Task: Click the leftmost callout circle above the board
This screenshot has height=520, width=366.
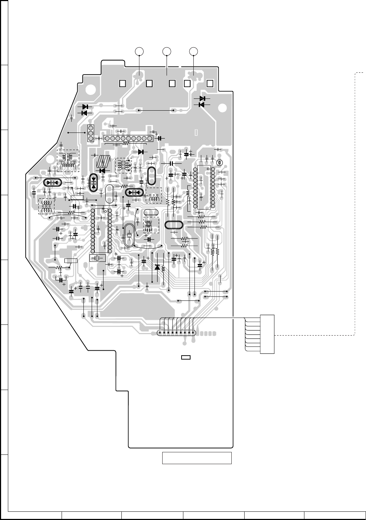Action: (140, 52)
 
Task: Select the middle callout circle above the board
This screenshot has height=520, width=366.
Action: (167, 52)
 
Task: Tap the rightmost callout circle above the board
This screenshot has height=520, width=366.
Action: (193, 52)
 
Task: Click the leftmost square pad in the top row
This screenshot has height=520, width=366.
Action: (122, 83)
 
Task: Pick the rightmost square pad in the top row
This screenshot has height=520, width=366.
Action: (210, 83)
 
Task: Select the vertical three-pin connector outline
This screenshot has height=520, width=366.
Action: (91, 133)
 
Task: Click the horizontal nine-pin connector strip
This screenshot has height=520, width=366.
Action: (128, 138)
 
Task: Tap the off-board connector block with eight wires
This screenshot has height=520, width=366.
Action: (267, 334)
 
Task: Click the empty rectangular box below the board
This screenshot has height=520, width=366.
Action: (197, 458)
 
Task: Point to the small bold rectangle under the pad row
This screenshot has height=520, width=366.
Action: (186, 357)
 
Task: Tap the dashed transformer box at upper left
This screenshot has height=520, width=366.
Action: (68, 160)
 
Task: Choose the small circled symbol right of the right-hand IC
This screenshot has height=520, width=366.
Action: (220, 163)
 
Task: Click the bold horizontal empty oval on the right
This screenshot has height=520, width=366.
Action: (174, 225)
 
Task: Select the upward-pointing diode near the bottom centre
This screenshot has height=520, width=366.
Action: (157, 267)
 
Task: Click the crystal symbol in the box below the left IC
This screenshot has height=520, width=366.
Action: (97, 258)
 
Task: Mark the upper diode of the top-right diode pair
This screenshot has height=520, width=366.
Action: (202, 98)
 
